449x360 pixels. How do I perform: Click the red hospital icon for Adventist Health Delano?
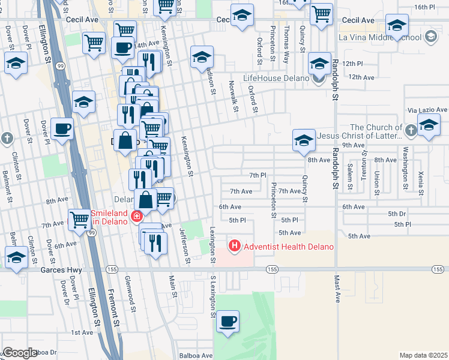pyautogui.click(x=234, y=246)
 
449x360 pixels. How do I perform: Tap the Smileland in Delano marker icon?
pyautogui.click(x=137, y=217)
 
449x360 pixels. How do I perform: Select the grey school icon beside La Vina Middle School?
pyautogui.click(x=430, y=37)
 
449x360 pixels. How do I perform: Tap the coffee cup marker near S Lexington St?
pyautogui.click(x=228, y=322)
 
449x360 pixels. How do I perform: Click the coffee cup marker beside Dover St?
pyautogui.click(x=62, y=128)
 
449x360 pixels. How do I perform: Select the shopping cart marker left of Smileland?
pyautogui.click(x=79, y=220)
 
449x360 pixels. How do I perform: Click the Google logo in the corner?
pyautogui.click(x=19, y=353)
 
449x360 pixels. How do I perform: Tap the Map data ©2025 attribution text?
pyautogui.click(x=423, y=355)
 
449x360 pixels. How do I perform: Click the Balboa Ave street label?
pyautogui.click(x=198, y=355)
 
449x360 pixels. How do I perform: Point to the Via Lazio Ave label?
pyautogui.click(x=427, y=110)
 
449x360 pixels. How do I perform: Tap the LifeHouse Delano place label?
pyautogui.click(x=276, y=78)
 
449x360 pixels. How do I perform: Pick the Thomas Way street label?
pyautogui.click(x=286, y=44)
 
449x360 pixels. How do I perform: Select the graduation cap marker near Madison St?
pyautogui.click(x=202, y=58)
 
